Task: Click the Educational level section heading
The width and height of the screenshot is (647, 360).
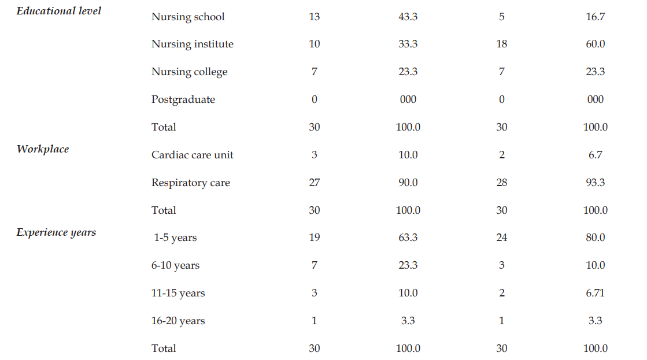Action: [x=58, y=11]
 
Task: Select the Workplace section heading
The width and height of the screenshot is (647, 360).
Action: [x=43, y=149]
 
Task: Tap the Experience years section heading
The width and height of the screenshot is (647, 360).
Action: [x=56, y=232]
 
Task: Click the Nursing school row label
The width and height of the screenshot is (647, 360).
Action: [x=188, y=17]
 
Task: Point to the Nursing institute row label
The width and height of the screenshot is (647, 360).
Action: [x=193, y=44]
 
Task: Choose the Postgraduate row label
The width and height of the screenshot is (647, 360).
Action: [x=183, y=100]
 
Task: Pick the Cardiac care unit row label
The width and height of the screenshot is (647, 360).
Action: [x=193, y=155]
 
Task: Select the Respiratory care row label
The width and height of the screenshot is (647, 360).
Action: [x=191, y=183]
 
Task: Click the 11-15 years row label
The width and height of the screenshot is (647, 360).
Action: [x=178, y=293]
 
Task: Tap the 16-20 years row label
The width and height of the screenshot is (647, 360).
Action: [x=178, y=321]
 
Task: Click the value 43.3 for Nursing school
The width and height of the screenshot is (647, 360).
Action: [x=408, y=17]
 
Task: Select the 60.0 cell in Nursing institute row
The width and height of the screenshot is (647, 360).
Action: [x=595, y=44]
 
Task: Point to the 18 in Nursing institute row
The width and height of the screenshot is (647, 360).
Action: [x=501, y=44]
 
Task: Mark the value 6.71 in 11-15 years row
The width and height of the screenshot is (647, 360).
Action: [x=595, y=293]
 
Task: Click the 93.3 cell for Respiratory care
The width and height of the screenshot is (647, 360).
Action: [x=595, y=182]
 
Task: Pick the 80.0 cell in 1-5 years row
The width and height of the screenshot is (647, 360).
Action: [x=595, y=237]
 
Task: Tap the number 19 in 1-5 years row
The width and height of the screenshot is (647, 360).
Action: [x=314, y=237]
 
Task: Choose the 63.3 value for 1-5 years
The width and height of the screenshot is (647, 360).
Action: [x=408, y=237]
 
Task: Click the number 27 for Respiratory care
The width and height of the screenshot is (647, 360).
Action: [x=314, y=182]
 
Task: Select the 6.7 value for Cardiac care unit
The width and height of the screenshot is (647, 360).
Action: [x=595, y=155]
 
